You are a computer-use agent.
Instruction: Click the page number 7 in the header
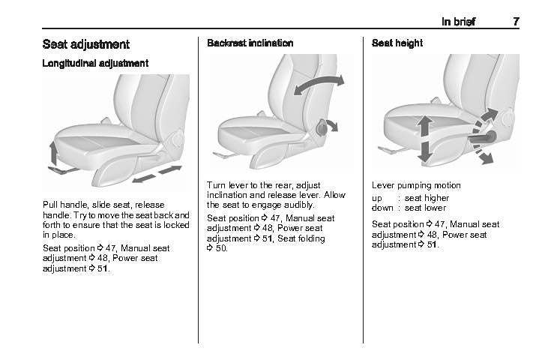pyautogui.click(x=516, y=22)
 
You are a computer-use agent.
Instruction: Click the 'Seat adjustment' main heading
pyautogui.click(x=86, y=44)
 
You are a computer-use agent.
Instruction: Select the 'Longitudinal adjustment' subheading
pyautogui.click(x=95, y=63)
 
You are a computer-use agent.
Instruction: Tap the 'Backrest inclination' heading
pyautogui.click(x=250, y=43)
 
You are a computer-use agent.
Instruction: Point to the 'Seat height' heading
pyautogui.click(x=397, y=43)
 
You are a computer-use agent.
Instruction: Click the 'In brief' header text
pyautogui.click(x=459, y=22)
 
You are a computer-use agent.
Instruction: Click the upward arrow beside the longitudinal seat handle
pyautogui.click(x=53, y=152)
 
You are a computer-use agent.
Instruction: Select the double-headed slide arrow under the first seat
pyautogui.click(x=157, y=174)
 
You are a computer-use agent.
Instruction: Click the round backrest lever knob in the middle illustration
pyautogui.click(x=322, y=127)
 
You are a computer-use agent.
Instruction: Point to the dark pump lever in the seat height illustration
pyautogui.click(x=482, y=137)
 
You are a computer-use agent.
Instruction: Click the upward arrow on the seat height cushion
pyautogui.click(x=425, y=126)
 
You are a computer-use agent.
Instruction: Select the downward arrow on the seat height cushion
pyautogui.click(x=425, y=152)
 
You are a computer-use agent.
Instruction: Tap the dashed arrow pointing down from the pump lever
pyautogui.click(x=483, y=154)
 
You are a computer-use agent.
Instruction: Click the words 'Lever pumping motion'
pyautogui.click(x=416, y=185)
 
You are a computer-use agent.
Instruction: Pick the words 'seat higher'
pyautogui.click(x=427, y=198)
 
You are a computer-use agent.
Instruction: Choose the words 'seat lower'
pyautogui.click(x=425, y=208)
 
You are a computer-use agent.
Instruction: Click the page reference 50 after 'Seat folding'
pyautogui.click(x=221, y=248)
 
